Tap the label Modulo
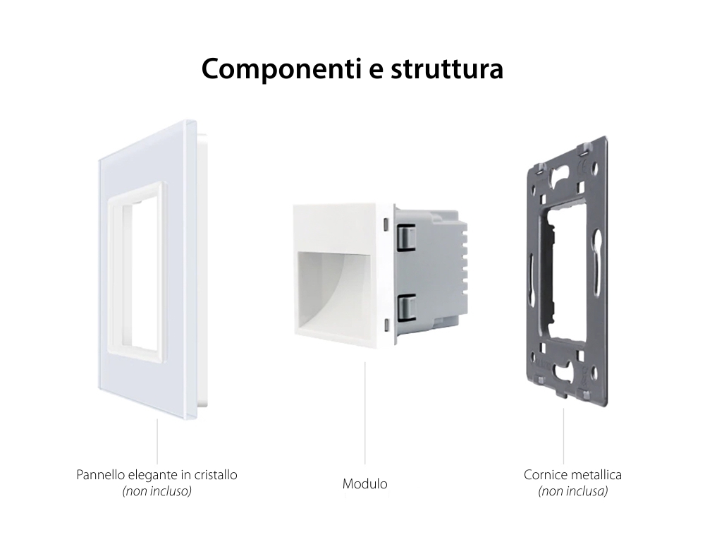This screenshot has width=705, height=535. click(x=364, y=484)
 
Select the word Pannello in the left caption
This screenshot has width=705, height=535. click(x=99, y=475)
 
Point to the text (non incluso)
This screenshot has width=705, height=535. click(x=157, y=491)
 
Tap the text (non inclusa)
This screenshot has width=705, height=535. click(x=572, y=491)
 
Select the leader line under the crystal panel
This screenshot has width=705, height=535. click(x=157, y=441)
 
